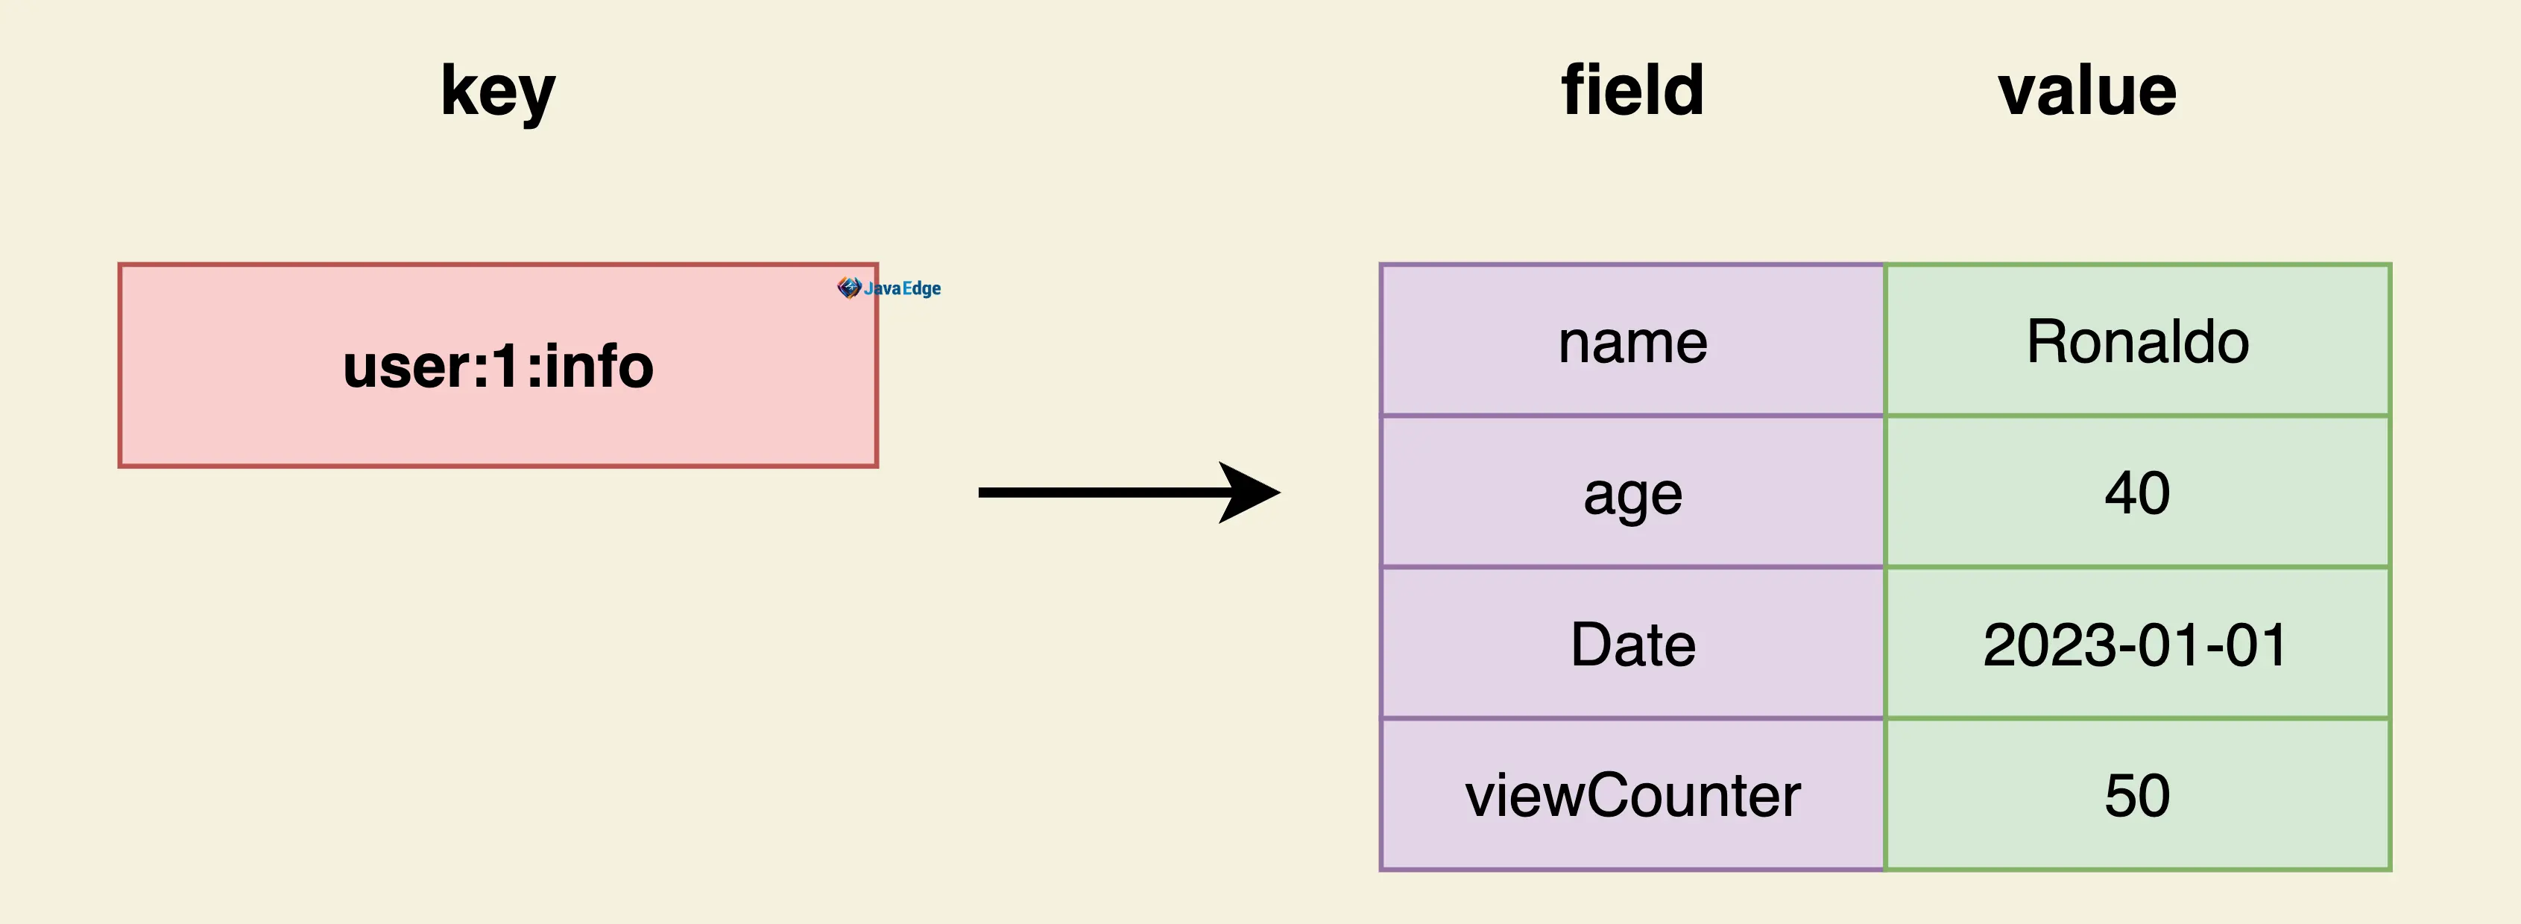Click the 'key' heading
pos(498,92)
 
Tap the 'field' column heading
pos(1632,89)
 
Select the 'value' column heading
pos(2087,91)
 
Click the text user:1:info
pos(498,366)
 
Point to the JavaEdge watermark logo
pos(889,288)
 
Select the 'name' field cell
pos(1632,341)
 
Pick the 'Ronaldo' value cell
pos(2137,341)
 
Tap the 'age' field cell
pos(1632,491)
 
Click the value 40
pos(2137,493)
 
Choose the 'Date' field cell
pos(1632,643)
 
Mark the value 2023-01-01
pos(2136,645)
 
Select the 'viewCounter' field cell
pos(1632,794)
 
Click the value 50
pos(2137,795)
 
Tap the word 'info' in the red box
pos(599,366)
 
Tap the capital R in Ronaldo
pos(2046,341)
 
